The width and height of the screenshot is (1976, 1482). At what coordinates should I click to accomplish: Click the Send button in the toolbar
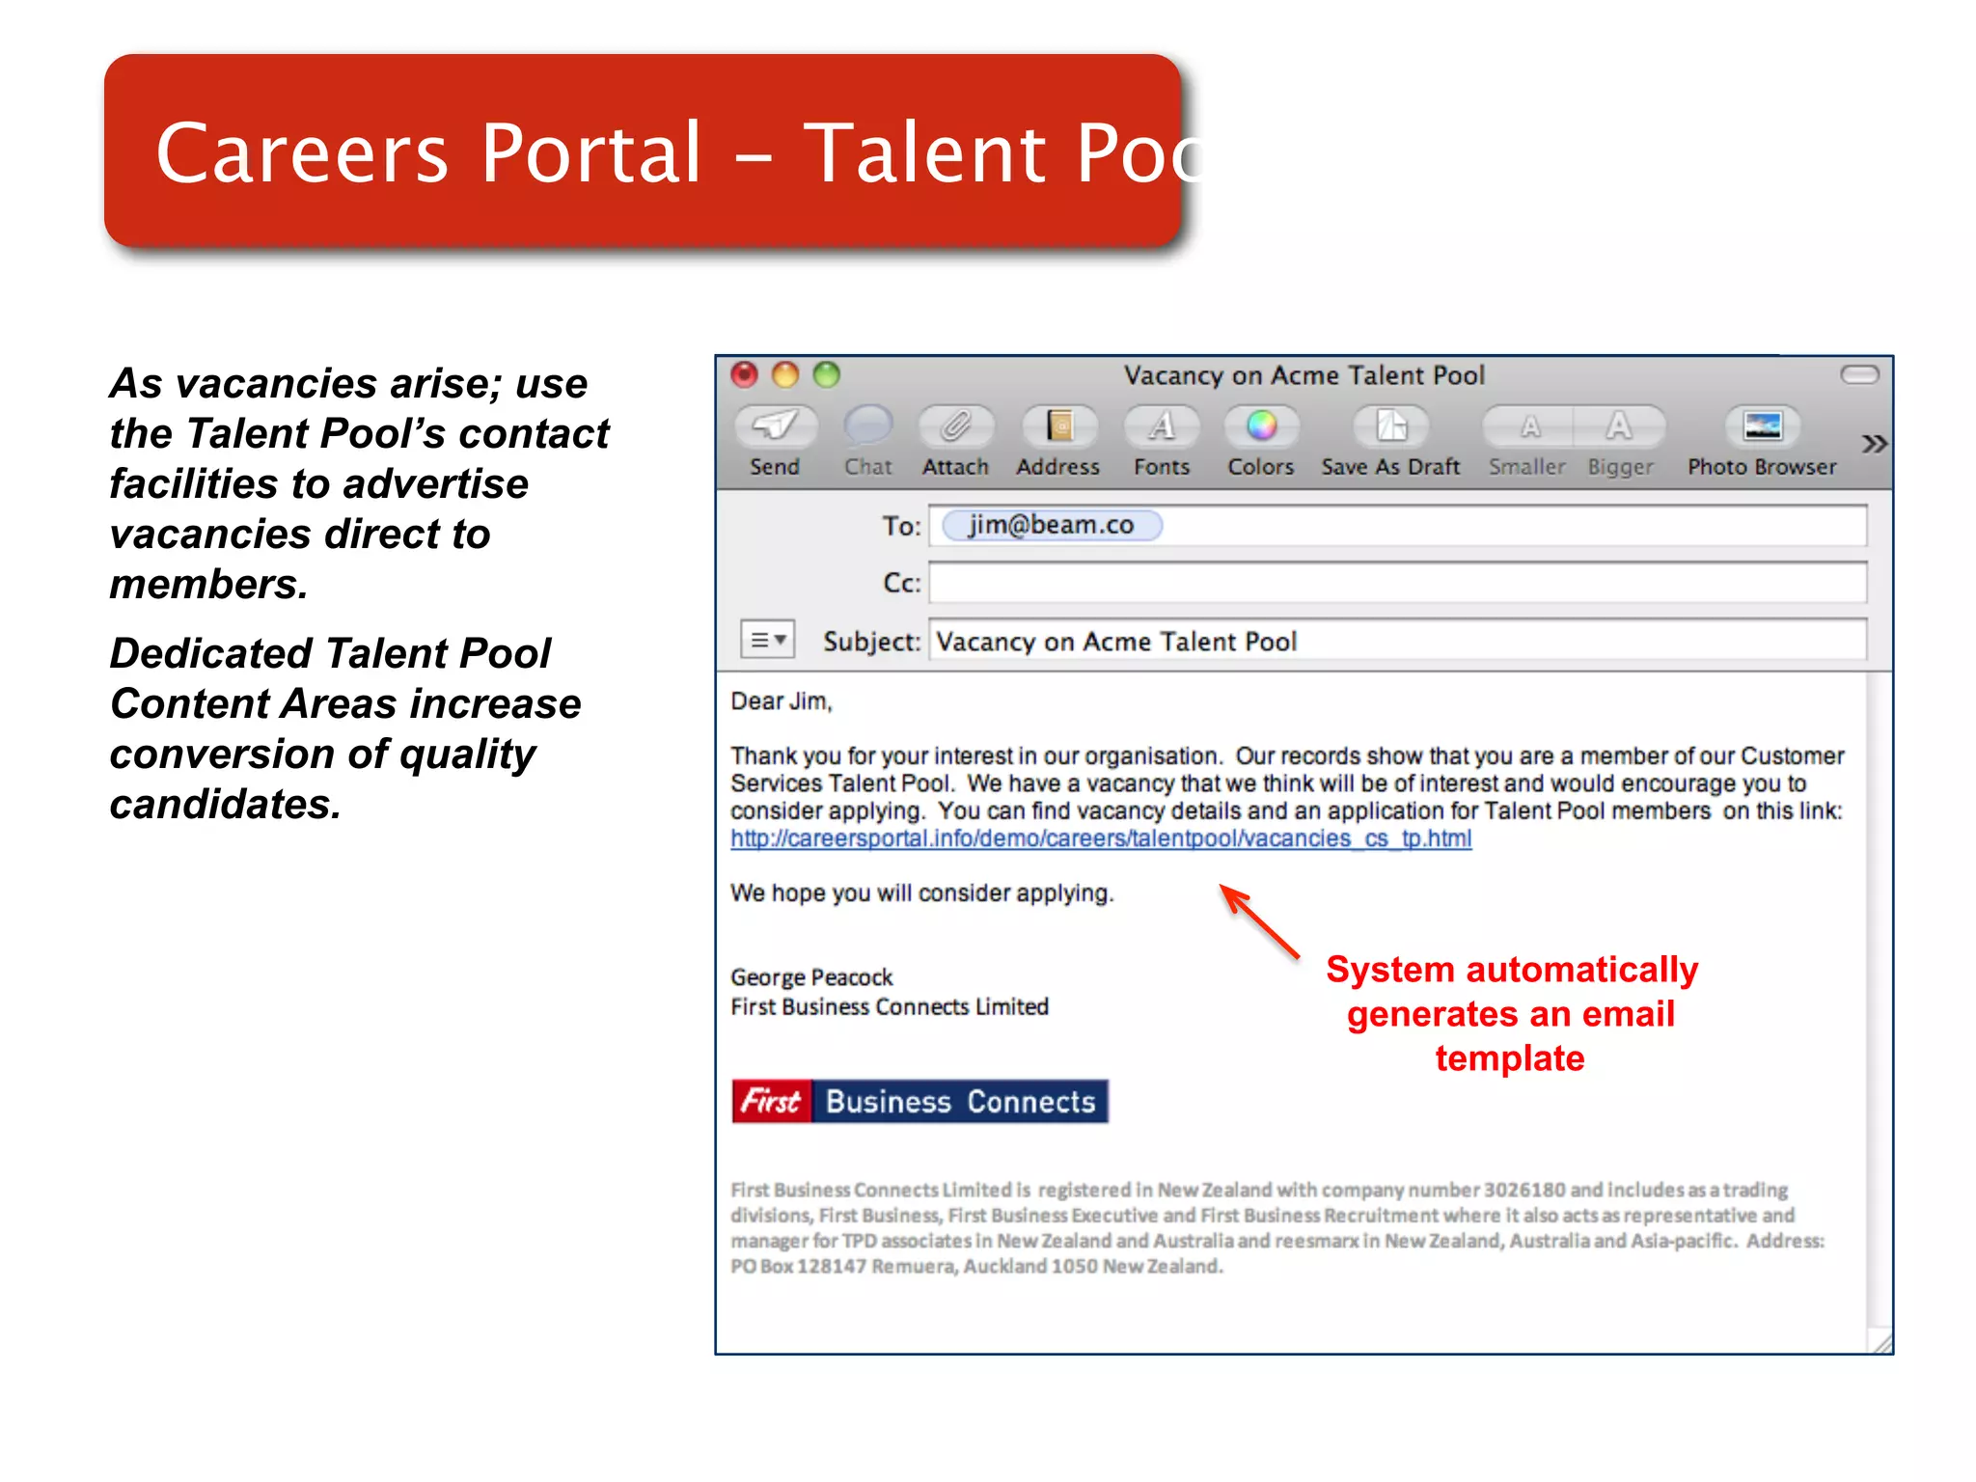(x=775, y=426)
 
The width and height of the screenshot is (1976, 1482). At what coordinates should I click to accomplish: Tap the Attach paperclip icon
(x=955, y=426)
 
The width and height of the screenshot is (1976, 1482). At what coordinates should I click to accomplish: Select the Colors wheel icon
(x=1260, y=426)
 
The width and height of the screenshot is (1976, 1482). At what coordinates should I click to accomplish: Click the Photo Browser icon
(x=1762, y=426)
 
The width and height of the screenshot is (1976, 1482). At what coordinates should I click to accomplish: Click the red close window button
(x=745, y=374)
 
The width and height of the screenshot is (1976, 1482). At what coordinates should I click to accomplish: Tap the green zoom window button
(x=827, y=374)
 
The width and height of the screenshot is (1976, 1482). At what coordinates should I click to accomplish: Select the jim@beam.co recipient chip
(x=1051, y=525)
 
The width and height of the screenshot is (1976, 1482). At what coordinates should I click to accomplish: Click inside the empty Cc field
(x=1396, y=583)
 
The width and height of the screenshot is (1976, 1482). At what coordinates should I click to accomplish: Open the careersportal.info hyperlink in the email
(x=1100, y=838)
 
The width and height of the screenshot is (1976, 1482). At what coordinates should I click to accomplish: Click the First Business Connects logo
(x=919, y=1101)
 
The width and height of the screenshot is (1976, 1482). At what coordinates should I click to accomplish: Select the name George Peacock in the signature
(x=811, y=977)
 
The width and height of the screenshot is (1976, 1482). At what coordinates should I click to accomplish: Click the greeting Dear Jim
(x=781, y=701)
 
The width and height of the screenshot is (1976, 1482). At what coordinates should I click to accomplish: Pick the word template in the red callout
(x=1509, y=1058)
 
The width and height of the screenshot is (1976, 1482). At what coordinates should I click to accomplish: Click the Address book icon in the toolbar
(x=1058, y=426)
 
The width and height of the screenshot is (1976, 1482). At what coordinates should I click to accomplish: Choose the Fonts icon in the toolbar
(x=1162, y=426)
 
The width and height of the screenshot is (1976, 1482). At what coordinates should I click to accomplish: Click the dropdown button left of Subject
(x=767, y=640)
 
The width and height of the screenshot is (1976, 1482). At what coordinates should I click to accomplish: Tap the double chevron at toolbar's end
(x=1873, y=444)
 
